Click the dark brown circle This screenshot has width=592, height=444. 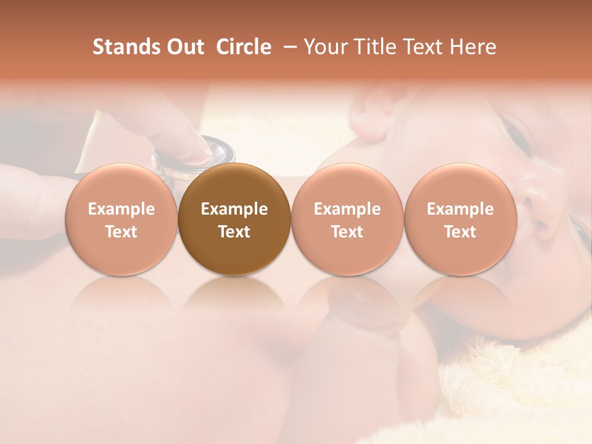click(x=234, y=220)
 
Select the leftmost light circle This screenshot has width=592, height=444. click(x=121, y=220)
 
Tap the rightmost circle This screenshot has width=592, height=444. click(x=460, y=220)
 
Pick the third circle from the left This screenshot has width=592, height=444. click(x=347, y=220)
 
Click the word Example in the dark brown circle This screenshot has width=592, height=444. click(x=234, y=209)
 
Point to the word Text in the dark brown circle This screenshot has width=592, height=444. click(x=234, y=232)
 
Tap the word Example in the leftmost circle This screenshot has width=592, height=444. click(x=121, y=209)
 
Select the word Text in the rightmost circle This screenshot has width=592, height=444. click(x=460, y=232)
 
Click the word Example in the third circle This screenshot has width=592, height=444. click(x=347, y=209)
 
